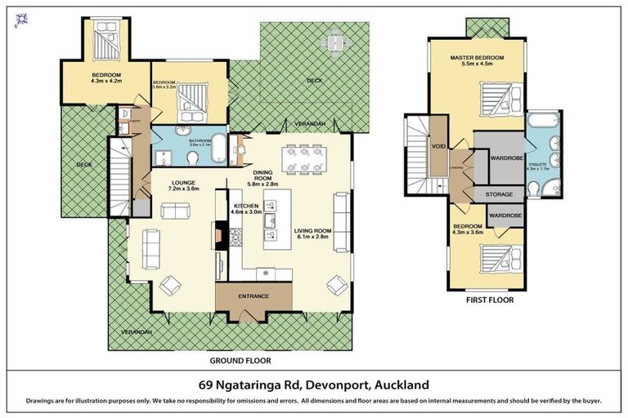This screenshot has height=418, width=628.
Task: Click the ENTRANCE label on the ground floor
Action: point(253,296)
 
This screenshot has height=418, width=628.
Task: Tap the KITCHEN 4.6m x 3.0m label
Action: point(247,210)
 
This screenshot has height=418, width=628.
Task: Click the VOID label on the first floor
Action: point(440,148)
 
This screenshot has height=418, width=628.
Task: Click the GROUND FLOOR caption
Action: point(240,360)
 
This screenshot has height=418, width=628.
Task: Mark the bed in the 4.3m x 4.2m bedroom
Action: point(107,36)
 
